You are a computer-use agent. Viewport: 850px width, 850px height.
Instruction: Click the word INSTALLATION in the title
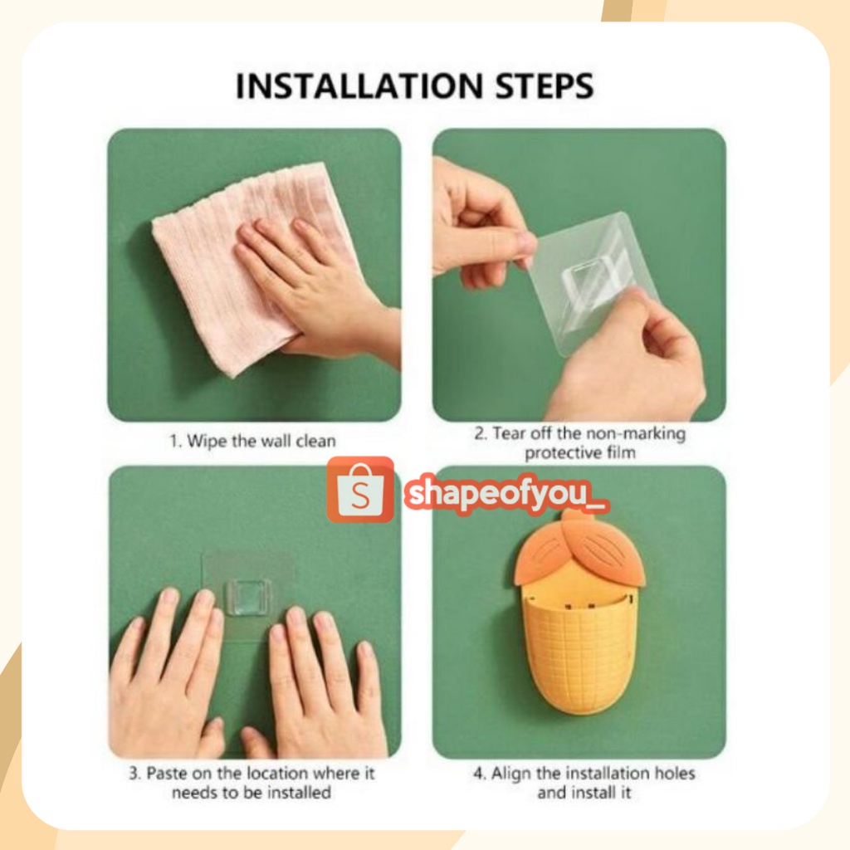pos(359,86)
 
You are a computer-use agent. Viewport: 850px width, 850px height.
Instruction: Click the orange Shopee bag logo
pos(360,490)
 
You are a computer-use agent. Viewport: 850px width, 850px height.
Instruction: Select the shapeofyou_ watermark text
pos(507,495)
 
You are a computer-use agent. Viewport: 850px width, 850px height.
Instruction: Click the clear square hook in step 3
pos(249,596)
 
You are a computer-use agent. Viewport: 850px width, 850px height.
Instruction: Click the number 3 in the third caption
pos(134,773)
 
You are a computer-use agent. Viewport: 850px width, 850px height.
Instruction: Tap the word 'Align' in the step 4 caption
pos(510,774)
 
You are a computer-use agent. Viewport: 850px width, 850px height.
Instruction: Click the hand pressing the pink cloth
pos(315,282)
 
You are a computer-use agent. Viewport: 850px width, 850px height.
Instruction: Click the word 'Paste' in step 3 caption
pos(166,773)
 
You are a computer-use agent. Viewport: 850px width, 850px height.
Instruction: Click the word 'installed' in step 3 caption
pos(298,793)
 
